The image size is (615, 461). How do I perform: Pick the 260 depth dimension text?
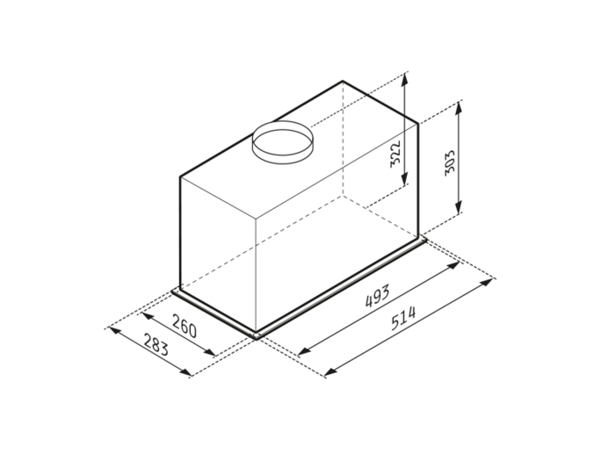pyautogui.click(x=183, y=328)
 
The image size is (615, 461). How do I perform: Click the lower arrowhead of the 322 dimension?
pyautogui.click(x=404, y=185)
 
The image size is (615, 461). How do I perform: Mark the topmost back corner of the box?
pyautogui.click(x=342, y=82)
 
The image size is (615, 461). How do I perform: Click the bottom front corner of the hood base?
pyautogui.click(x=256, y=337)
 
